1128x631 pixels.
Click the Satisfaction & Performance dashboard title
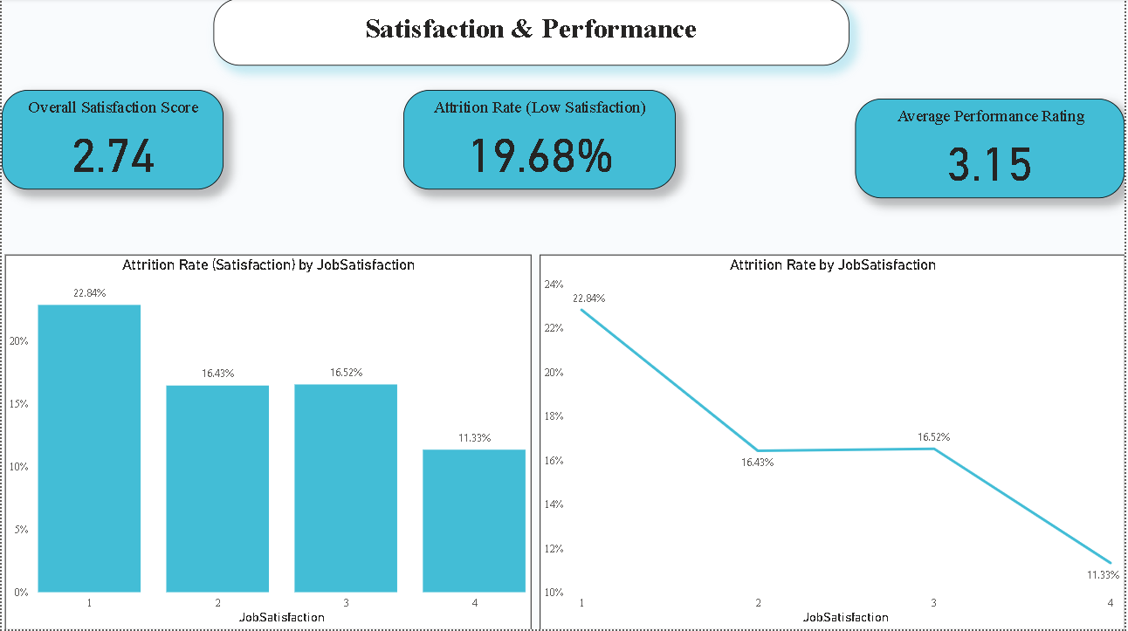(x=531, y=29)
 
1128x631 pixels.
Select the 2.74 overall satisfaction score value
(x=113, y=157)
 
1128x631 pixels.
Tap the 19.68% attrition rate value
(x=540, y=155)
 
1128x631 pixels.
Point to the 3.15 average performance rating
(x=989, y=165)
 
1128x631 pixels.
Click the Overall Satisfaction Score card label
(x=113, y=107)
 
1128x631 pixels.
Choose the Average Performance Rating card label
(x=991, y=116)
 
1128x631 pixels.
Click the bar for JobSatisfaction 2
(x=217, y=489)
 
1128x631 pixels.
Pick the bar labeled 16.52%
(x=346, y=488)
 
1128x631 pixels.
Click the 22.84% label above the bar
(x=89, y=293)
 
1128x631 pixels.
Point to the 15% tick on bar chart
(x=18, y=404)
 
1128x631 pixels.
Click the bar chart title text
(x=268, y=264)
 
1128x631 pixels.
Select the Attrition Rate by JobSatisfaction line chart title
(x=832, y=264)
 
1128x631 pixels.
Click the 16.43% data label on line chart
(x=756, y=462)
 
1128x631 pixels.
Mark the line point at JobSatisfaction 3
(x=933, y=449)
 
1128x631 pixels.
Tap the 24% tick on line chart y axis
(x=554, y=285)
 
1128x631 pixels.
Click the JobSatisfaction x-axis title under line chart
(x=845, y=617)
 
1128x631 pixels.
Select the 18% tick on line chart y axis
(x=554, y=416)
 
